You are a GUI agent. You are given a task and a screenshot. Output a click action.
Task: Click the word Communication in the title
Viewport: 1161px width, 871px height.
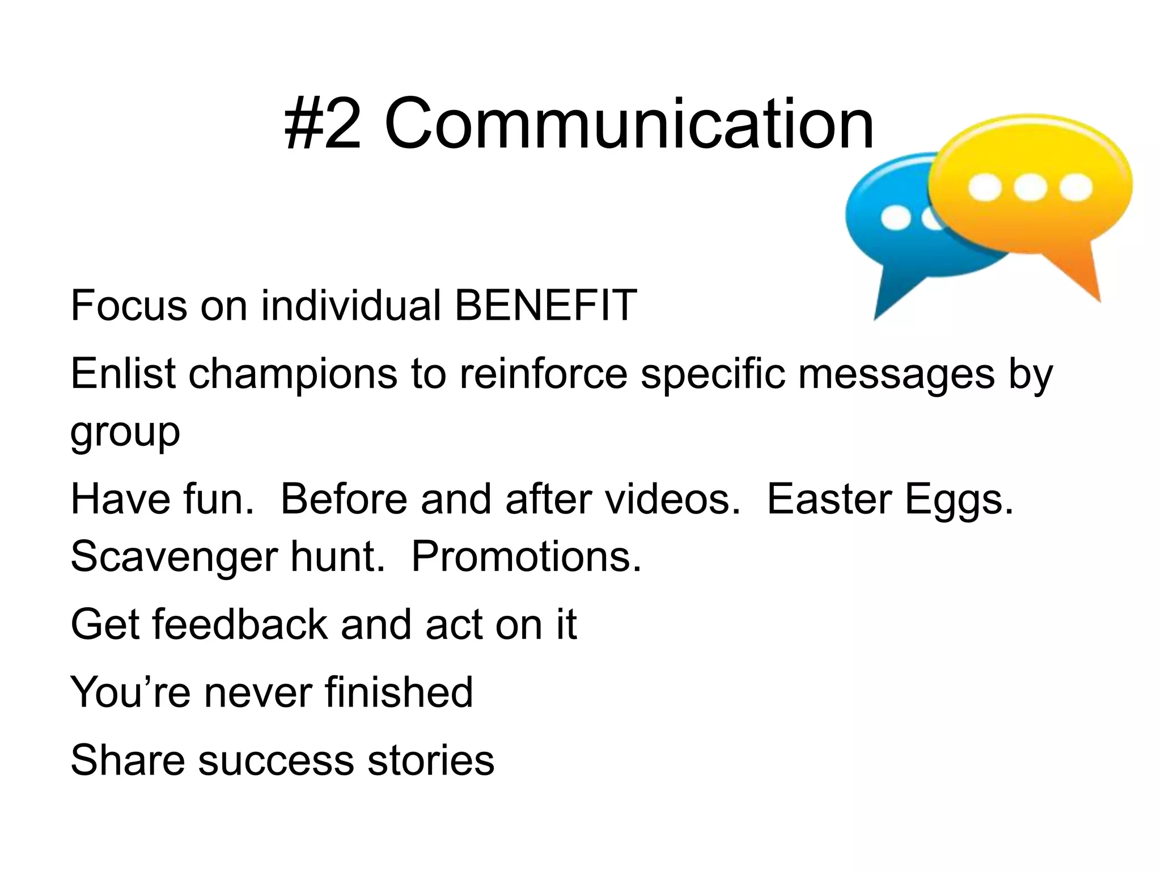(x=629, y=124)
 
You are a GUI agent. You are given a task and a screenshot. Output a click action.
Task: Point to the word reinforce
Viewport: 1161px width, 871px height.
(x=543, y=374)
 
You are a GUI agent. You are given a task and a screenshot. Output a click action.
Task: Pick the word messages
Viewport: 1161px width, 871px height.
(x=896, y=374)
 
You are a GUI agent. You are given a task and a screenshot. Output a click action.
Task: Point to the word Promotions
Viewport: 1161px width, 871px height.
(x=526, y=557)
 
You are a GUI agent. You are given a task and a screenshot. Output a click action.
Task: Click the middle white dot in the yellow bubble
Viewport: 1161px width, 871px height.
(x=1029, y=188)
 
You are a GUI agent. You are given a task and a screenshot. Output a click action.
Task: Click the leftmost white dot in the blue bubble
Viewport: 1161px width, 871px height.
(x=896, y=218)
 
